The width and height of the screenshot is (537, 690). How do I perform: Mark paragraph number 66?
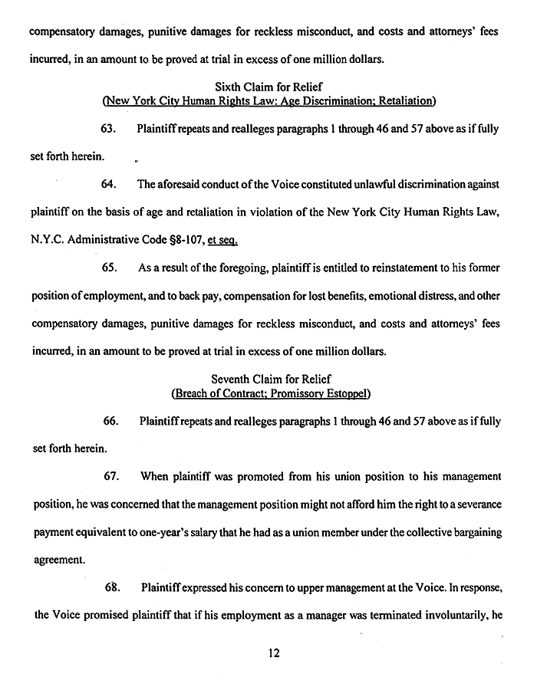(x=109, y=421)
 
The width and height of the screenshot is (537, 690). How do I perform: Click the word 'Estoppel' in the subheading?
(x=345, y=394)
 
